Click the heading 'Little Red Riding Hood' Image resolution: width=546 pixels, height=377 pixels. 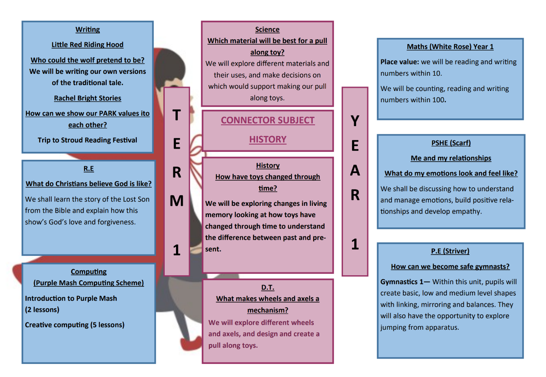click(x=87, y=45)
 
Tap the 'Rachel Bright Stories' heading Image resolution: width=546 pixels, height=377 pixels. click(x=87, y=98)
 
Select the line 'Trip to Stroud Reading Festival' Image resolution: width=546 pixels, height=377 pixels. click(x=87, y=140)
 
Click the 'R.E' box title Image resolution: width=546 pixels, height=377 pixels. click(x=89, y=168)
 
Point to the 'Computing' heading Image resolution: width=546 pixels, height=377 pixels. click(x=89, y=272)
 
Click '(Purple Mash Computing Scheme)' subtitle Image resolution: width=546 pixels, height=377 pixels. click(x=89, y=283)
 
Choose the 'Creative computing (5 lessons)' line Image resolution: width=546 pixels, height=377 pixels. click(x=75, y=325)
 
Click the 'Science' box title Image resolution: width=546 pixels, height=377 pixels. click(x=267, y=30)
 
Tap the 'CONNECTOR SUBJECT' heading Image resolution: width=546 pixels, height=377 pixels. click(x=268, y=120)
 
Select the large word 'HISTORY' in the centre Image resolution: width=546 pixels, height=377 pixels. click(x=268, y=139)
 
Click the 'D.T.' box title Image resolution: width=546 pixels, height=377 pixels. click(x=267, y=287)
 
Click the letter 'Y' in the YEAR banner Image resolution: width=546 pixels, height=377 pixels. click(x=355, y=121)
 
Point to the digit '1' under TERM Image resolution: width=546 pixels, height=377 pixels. click(x=176, y=250)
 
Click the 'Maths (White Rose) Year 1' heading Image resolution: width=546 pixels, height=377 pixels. click(x=450, y=47)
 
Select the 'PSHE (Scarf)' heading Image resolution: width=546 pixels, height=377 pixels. click(x=451, y=143)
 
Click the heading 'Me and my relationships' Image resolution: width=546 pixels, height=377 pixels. click(x=451, y=158)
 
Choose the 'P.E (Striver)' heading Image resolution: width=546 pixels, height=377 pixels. click(x=450, y=251)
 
